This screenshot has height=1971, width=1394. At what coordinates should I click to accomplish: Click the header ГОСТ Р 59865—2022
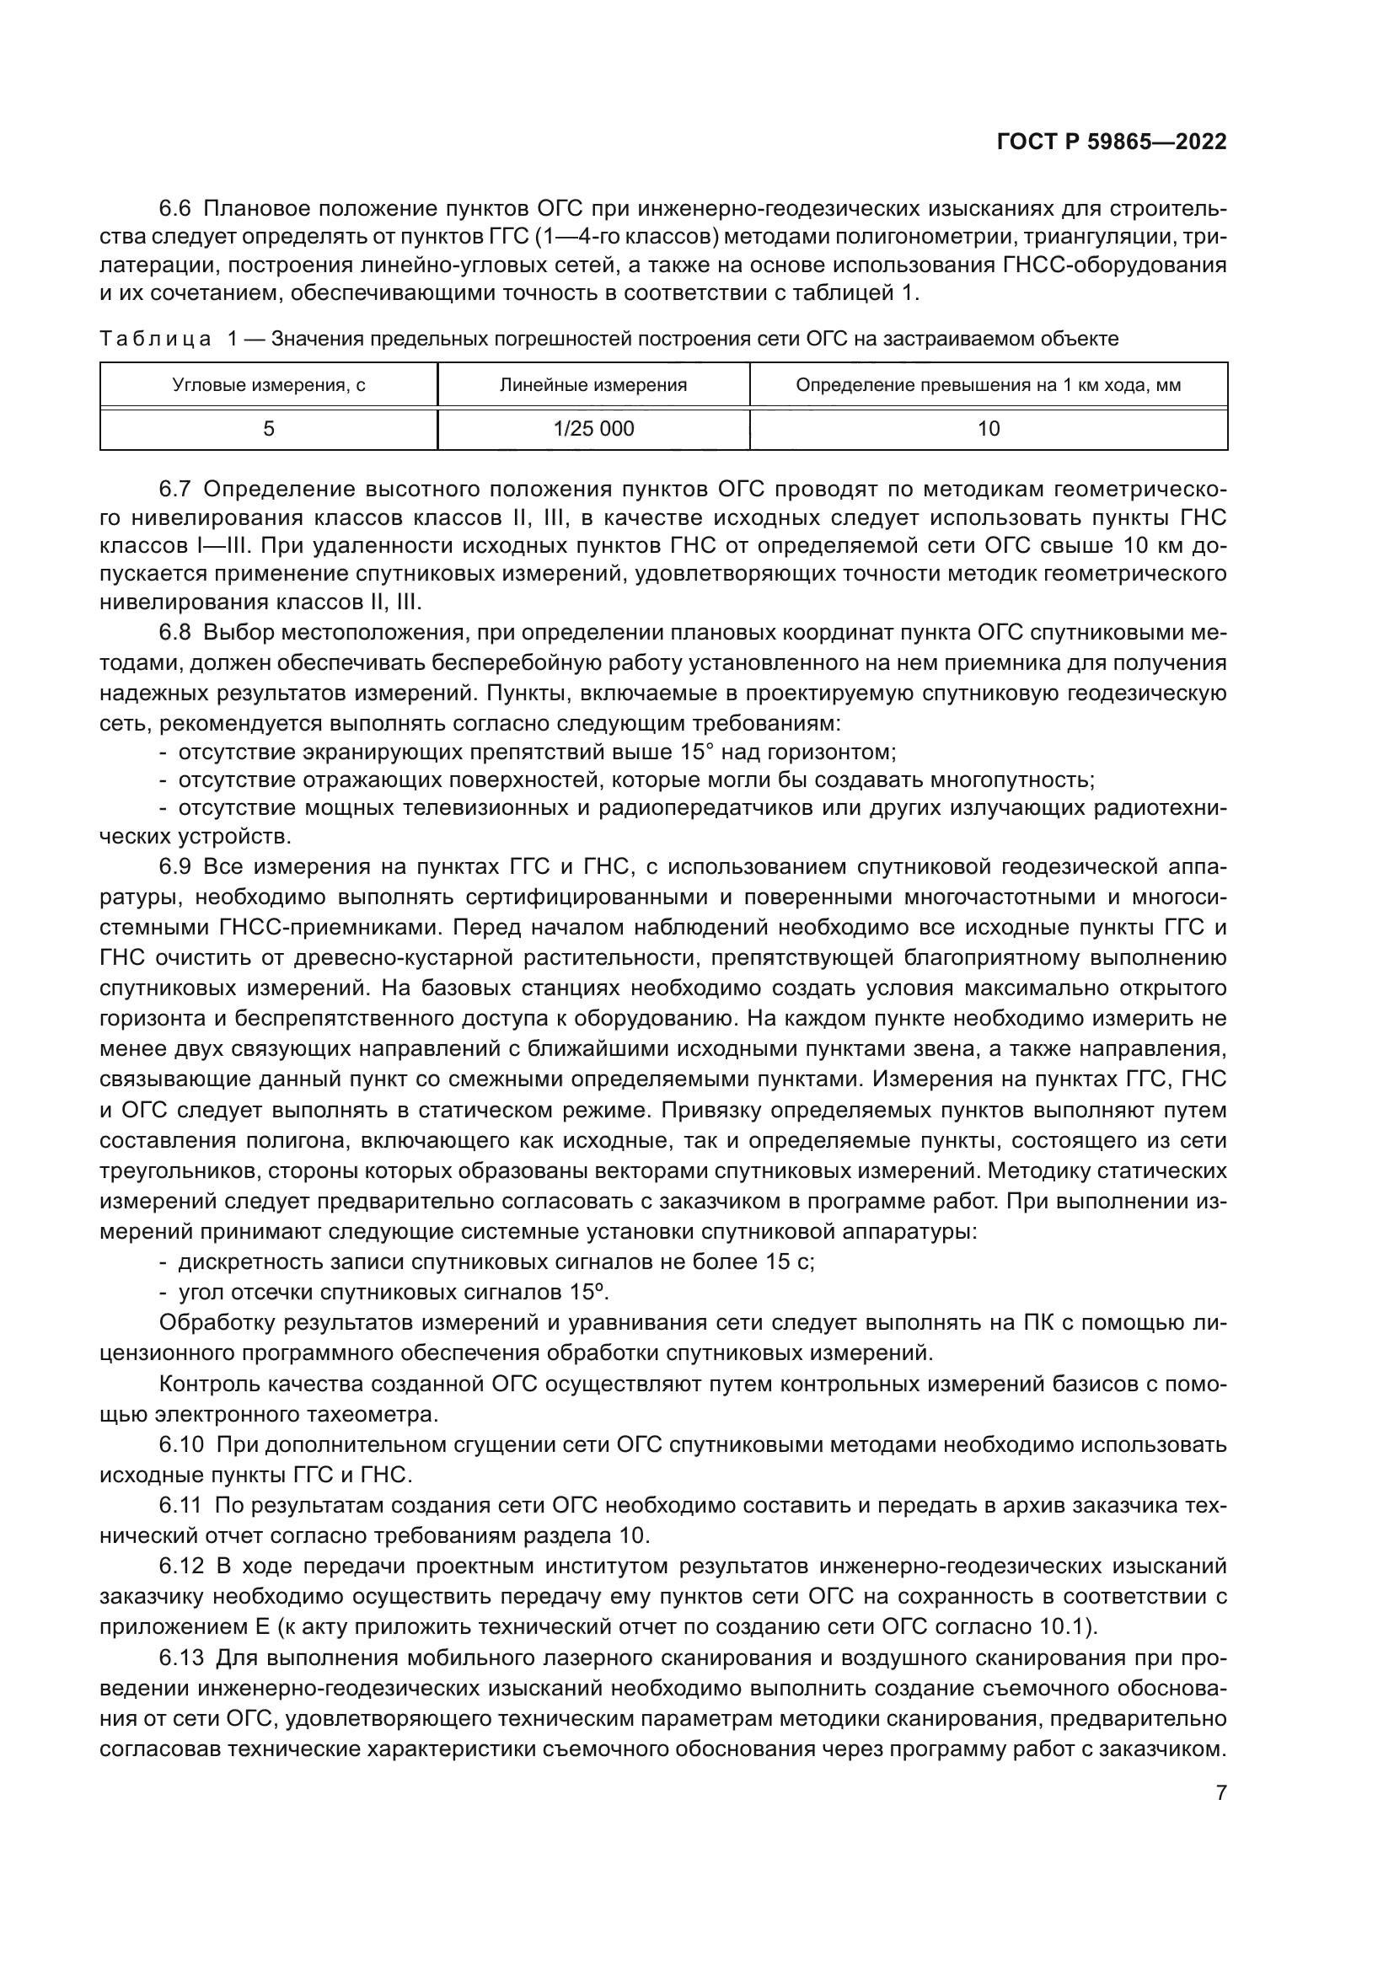click(x=1112, y=142)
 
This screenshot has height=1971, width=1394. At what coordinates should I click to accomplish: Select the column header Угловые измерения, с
click(x=269, y=385)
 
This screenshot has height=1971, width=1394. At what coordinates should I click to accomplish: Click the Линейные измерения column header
click(x=593, y=385)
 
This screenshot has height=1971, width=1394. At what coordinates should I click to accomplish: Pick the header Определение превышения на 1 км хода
click(x=988, y=385)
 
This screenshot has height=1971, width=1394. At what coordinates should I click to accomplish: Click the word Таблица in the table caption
click(x=155, y=339)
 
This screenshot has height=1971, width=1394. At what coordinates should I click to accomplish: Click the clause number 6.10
click(x=181, y=1445)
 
